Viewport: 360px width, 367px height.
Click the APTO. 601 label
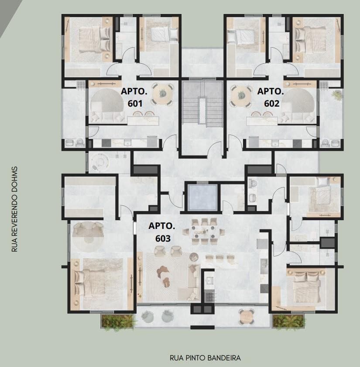[134, 97]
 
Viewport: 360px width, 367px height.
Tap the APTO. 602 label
[271, 97]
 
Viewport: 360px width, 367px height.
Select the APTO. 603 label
[162, 232]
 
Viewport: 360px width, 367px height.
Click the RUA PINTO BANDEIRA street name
[205, 358]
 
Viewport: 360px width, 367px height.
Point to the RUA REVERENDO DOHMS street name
[14, 209]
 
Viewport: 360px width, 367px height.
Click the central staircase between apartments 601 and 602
[202, 104]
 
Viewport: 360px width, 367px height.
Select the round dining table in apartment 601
[163, 94]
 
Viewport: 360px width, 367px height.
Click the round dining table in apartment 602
[241, 95]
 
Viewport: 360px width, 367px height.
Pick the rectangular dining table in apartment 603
[202, 231]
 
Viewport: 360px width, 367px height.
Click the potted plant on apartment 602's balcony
[336, 95]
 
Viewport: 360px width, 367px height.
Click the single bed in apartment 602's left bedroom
[241, 37]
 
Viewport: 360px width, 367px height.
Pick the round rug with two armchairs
[88, 232]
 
